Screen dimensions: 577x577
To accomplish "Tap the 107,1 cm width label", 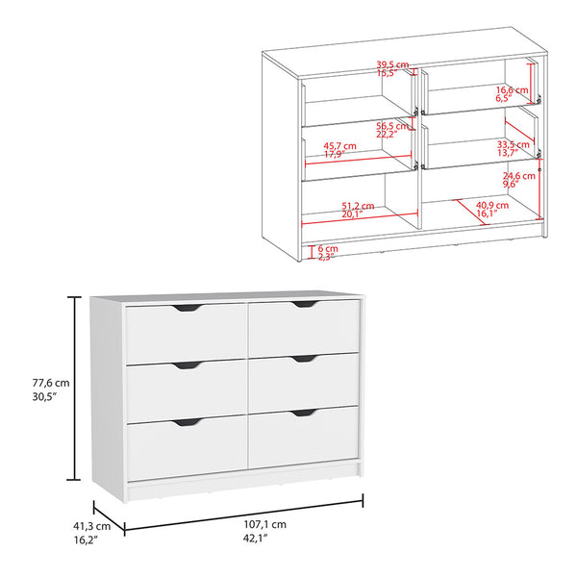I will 266,525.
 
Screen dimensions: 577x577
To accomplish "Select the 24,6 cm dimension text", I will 518,177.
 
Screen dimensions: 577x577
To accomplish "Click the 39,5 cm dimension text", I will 392,65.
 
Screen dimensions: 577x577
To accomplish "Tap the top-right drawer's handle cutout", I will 305,305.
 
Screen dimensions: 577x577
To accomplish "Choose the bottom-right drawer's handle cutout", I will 305,414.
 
